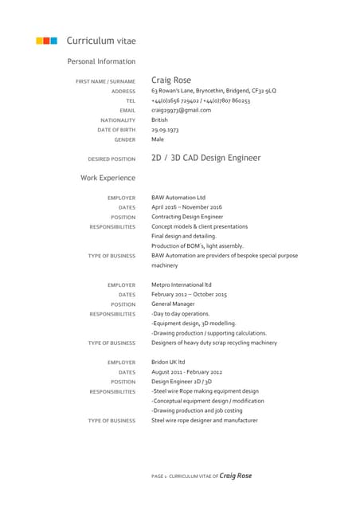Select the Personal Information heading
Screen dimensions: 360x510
coord(101,61)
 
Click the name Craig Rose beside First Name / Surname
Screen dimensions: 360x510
coord(171,80)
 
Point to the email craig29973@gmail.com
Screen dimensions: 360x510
coord(181,110)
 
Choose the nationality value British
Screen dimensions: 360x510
coord(160,120)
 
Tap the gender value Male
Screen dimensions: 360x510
coord(158,139)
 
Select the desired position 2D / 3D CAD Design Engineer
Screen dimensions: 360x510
coord(205,158)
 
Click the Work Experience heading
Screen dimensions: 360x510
coord(108,178)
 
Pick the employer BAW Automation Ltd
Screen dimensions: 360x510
coord(178,198)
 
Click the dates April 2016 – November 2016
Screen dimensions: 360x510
coord(186,207)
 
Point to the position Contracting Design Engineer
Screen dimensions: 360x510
coord(187,217)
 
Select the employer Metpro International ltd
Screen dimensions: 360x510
coord(182,284)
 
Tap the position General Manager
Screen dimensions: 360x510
coord(174,304)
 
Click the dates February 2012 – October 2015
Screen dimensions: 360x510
coord(189,294)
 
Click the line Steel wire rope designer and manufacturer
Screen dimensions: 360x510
coord(205,420)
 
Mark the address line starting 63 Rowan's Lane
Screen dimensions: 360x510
coord(213,91)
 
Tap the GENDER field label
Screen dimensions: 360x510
coord(124,139)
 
